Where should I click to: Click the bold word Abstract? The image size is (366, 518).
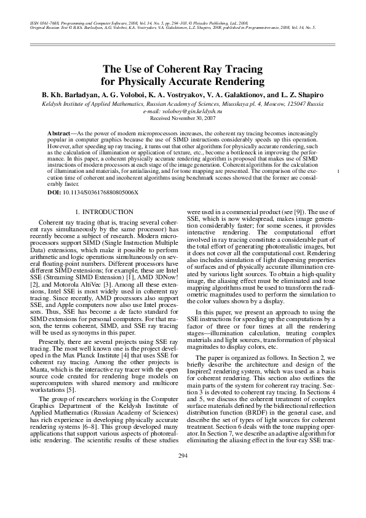(x=60, y=133)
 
